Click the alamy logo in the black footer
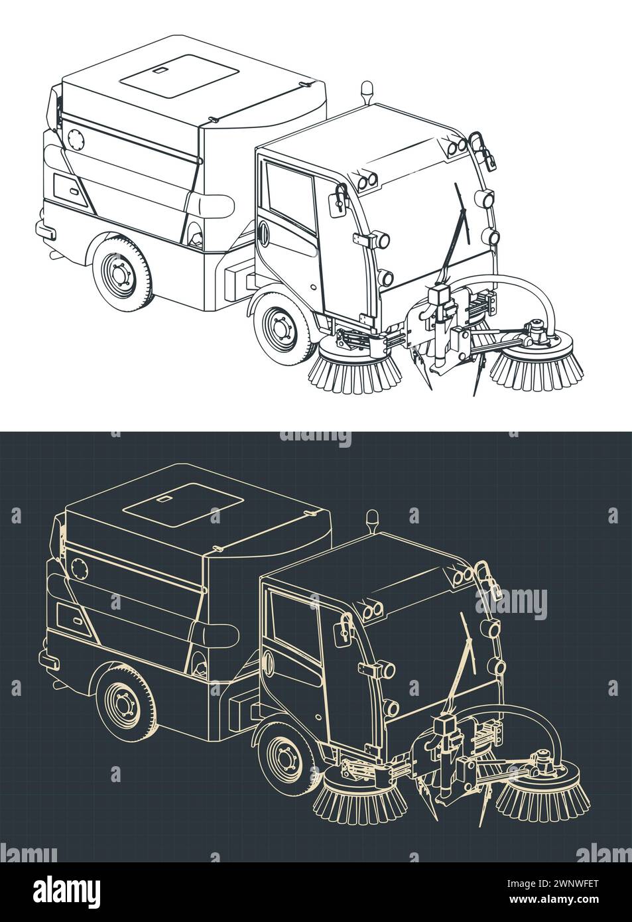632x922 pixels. point(66,889)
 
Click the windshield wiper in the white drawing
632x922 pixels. point(460,219)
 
